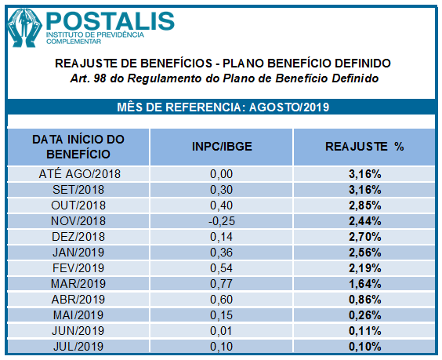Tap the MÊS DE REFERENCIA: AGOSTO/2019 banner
tap(222, 107)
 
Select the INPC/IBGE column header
tap(222, 147)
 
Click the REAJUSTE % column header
tap(364, 147)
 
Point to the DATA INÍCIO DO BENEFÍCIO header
tap(78, 147)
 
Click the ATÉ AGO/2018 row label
tap(78, 173)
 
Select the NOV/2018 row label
tap(78, 220)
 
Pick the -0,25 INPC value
tap(222, 220)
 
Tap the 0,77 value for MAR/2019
tap(222, 283)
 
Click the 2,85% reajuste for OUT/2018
tap(364, 205)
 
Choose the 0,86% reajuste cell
tap(364, 299)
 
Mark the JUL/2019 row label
tap(78, 346)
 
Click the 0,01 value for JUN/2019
tap(222, 330)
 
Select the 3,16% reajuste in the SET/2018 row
tap(364, 189)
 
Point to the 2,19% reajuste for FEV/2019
tap(364, 267)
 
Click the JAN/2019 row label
tap(78, 252)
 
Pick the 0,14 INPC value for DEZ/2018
tap(222, 236)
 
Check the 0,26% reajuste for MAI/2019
tap(364, 315)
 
